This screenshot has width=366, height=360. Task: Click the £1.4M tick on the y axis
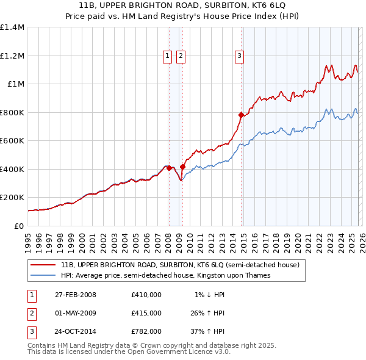pyautogui.click(x=12, y=27)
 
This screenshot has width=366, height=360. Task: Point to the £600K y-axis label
pyautogui.click(x=12, y=140)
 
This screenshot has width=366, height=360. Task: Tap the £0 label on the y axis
pyautogui.click(x=18, y=226)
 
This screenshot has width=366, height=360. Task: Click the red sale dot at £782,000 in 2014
pyautogui.click(x=241, y=115)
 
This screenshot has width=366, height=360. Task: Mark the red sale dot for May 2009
pyautogui.click(x=182, y=167)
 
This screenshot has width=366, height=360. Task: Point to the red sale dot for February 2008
pyautogui.click(x=169, y=168)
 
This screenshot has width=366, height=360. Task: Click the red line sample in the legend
pyautogui.click(x=43, y=265)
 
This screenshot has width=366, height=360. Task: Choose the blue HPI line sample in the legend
pyautogui.click(x=43, y=276)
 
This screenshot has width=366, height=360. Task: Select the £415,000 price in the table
pyautogui.click(x=146, y=313)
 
